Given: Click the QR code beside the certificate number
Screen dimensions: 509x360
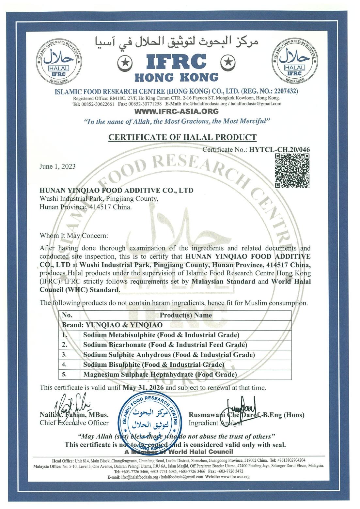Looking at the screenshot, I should (292, 171).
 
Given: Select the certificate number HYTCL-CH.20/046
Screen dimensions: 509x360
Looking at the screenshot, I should (279, 150).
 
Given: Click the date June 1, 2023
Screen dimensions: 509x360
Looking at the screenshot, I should (57, 166).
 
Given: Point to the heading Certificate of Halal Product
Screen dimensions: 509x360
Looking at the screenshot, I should (182, 137).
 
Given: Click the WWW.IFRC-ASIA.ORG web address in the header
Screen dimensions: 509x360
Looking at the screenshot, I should (177, 111).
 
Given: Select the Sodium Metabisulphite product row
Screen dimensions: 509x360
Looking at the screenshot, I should (161, 335).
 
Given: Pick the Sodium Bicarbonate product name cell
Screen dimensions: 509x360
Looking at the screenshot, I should (165, 345).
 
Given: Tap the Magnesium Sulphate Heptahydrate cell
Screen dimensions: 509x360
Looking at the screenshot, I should (160, 374).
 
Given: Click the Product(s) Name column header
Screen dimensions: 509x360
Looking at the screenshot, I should (185, 315).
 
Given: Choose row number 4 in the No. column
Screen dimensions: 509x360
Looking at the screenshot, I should (64, 364).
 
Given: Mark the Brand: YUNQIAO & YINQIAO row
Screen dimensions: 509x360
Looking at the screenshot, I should (112, 325).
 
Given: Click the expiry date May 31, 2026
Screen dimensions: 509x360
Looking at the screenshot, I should (144, 388).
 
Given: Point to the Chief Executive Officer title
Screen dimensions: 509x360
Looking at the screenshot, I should (74, 423).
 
